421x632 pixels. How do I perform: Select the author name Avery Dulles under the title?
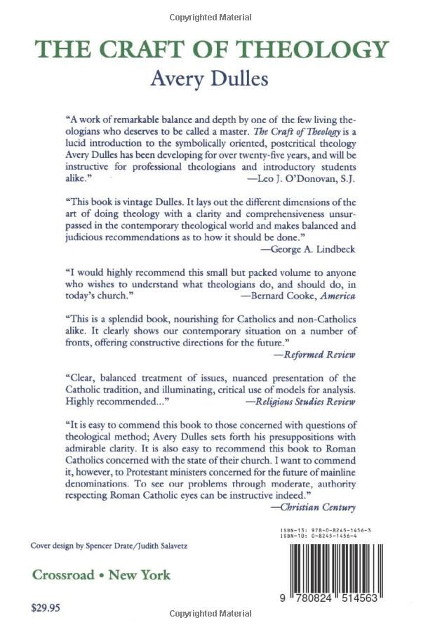click(x=210, y=79)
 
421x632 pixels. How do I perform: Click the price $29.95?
click(x=46, y=607)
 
